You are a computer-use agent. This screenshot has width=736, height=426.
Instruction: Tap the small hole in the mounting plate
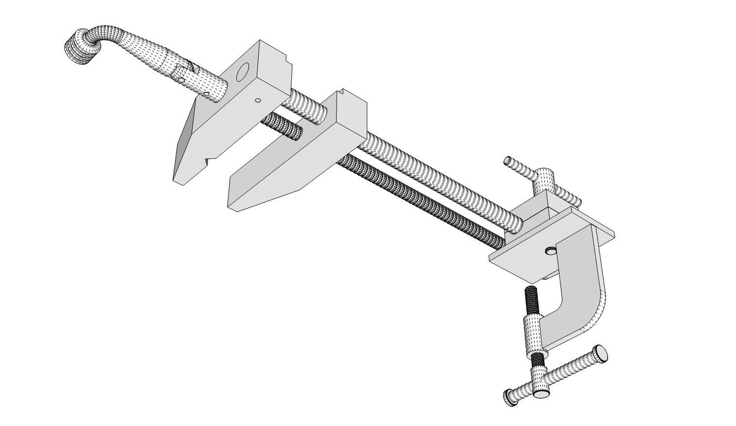551,250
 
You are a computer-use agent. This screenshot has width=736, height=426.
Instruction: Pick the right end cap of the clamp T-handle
602,353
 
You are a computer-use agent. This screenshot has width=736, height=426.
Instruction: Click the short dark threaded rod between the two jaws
282,127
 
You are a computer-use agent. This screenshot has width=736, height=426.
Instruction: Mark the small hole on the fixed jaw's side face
258,101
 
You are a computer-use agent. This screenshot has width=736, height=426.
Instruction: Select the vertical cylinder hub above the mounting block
544,180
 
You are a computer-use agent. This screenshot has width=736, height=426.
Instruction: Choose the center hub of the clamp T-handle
539,384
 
